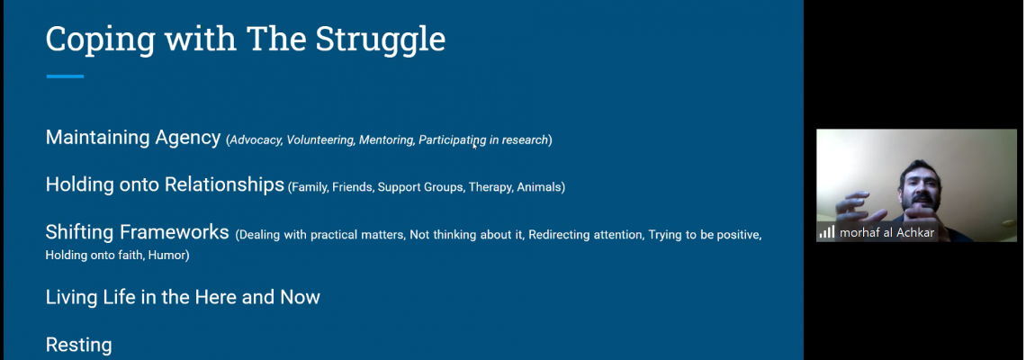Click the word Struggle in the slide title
coord(380,40)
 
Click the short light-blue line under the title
coord(65,76)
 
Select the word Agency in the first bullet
coord(188,138)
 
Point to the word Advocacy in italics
coord(256,140)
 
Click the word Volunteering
coord(320,140)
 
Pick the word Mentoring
coord(386,140)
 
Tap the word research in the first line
coord(525,140)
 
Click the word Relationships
coord(224,185)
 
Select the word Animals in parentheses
coord(539,187)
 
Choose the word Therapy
coord(490,188)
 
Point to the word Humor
coord(166,255)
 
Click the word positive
coord(737,235)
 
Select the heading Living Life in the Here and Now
coord(183,297)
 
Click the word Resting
coord(78,345)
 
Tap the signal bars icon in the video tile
coord(827,231)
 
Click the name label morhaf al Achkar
coord(886,232)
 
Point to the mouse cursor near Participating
coord(475,146)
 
